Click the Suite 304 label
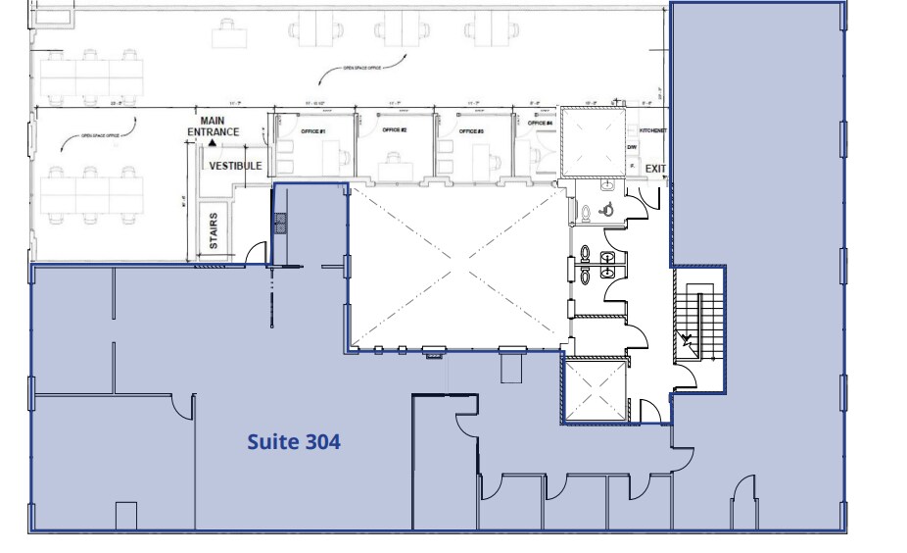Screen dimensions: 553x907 click(293, 442)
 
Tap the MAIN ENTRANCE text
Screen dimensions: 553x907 click(214, 126)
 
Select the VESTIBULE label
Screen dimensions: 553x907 click(235, 166)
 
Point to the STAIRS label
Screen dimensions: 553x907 click(214, 230)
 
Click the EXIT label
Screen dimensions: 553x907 click(655, 169)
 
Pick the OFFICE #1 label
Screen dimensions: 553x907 click(312, 130)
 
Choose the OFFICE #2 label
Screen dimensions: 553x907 click(394, 130)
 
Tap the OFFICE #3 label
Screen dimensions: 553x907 click(472, 130)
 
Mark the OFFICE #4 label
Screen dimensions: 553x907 click(540, 124)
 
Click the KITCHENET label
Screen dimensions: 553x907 click(652, 129)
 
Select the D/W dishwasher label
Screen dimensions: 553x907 click(632, 148)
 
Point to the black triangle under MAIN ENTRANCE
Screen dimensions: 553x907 click(212, 142)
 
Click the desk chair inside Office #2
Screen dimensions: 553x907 click(394, 156)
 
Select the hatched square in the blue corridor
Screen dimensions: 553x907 click(280, 225)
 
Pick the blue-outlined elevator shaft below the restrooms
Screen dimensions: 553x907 click(595, 389)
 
